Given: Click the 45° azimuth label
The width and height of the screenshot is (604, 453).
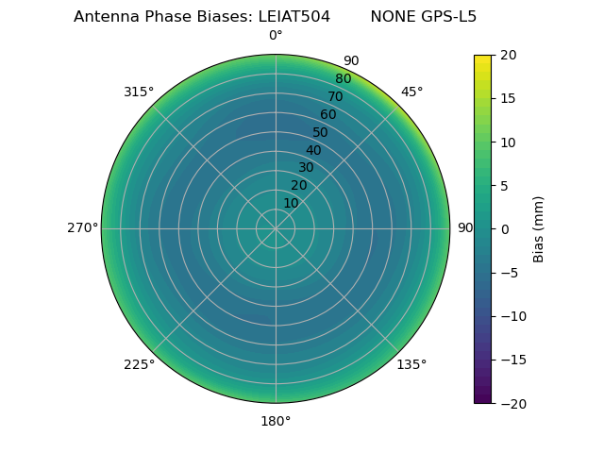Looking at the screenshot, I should coord(411,92).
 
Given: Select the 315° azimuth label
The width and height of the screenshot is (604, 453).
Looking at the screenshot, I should coord(139,92).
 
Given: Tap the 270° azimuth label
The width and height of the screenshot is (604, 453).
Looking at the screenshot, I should coord(82,228).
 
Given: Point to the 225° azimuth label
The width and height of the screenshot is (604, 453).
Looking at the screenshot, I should coord(139,365).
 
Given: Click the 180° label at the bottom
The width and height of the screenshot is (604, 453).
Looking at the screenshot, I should coord(276,421).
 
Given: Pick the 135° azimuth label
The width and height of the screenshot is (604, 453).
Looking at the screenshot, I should coord(411,365).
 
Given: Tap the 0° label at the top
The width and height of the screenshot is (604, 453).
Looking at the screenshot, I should coord(276,36).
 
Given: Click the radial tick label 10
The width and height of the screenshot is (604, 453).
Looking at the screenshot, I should coord(291,203).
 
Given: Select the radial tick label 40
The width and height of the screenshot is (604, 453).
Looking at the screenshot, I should coord(313,150).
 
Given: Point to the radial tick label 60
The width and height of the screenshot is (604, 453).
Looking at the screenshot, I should coord(327,115).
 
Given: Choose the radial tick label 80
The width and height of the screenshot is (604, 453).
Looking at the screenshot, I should coord(343,79).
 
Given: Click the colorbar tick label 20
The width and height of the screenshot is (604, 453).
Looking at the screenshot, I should coord(508,56).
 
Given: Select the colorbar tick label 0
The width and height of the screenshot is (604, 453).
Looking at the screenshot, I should coord(504,229).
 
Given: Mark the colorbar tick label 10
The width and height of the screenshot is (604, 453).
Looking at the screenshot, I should coord(508,143).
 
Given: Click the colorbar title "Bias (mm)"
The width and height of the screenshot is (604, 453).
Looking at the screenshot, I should coord(539,229).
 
